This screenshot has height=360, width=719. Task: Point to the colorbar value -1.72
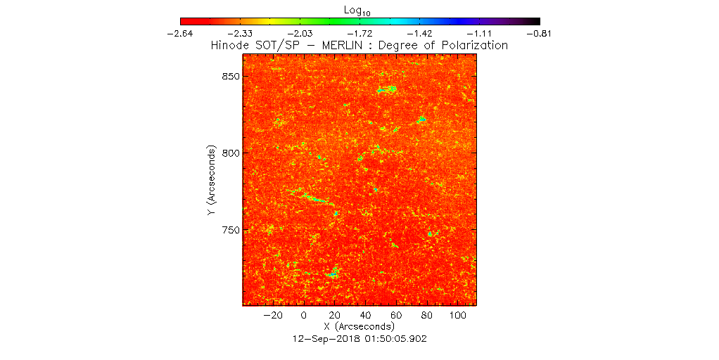(x=360, y=33)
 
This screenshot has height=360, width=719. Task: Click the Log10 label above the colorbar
(x=360, y=10)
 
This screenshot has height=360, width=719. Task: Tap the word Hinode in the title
(x=231, y=46)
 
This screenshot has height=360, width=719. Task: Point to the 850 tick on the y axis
(x=231, y=76)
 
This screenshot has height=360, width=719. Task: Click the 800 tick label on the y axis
(x=231, y=153)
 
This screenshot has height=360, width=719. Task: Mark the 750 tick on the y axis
(x=231, y=231)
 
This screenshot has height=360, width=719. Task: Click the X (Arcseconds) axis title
(x=359, y=328)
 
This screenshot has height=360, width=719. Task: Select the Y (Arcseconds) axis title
(x=212, y=181)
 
